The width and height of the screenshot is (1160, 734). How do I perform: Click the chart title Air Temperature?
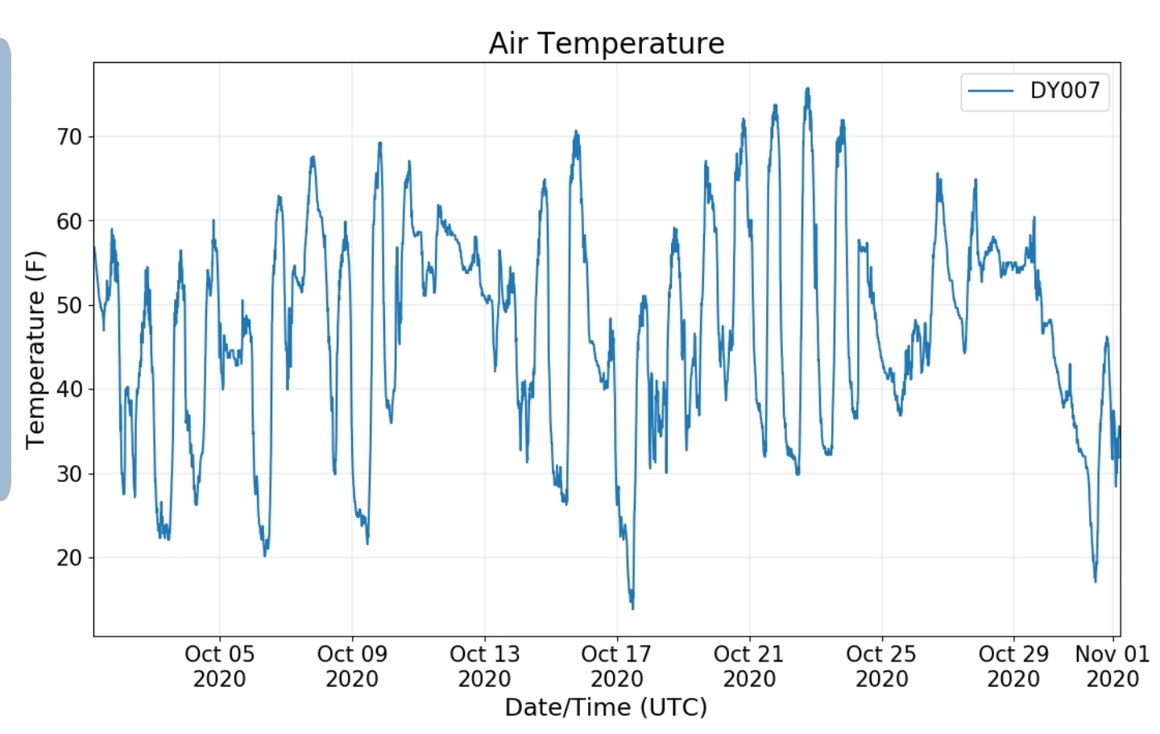point(607,43)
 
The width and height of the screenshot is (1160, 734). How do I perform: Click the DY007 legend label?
point(1065,90)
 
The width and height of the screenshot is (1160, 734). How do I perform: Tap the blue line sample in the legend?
point(991,91)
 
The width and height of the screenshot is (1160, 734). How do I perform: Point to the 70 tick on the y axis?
point(69,137)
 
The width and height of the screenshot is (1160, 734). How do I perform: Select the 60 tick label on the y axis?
point(69,221)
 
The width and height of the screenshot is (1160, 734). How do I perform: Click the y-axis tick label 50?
point(69,305)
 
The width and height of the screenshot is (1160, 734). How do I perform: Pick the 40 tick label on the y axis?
point(69,390)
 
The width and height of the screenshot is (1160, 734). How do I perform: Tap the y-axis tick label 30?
point(69,473)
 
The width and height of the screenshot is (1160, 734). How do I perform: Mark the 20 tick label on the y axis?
point(69,558)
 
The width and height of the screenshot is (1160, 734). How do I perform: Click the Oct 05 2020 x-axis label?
point(219,666)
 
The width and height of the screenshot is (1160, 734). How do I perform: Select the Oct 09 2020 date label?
point(352,666)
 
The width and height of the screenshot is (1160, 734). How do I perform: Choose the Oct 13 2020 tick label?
point(484,666)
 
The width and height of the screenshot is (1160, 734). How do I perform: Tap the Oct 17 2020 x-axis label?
point(616,666)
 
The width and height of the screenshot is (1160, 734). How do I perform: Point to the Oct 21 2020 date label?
point(749,666)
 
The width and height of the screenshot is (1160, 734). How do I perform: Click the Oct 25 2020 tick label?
point(881,666)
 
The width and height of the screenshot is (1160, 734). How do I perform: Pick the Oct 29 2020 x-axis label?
point(1013,666)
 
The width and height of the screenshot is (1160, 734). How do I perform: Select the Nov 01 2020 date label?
point(1112,666)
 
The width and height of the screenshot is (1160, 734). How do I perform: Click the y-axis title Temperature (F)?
point(35,350)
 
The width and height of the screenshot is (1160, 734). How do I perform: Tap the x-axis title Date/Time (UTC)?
point(606,707)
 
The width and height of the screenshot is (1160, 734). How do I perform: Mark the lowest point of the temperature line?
point(632,608)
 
